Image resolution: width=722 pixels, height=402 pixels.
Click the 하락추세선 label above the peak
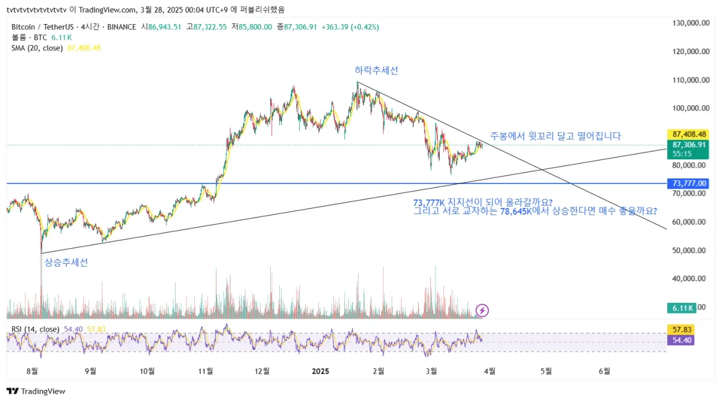[376, 70]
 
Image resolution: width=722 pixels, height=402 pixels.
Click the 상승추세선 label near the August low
[66, 263]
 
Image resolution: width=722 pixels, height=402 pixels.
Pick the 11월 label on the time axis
[206, 371]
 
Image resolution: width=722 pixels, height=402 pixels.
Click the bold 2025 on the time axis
[319, 371]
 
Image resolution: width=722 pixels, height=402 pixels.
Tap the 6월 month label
[604, 371]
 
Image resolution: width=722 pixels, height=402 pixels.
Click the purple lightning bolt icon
[482, 310]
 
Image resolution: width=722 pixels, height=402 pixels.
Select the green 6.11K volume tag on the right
[681, 308]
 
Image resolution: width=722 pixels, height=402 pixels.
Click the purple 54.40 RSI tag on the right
[682, 340]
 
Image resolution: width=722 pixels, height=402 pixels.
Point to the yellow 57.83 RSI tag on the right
[682, 330]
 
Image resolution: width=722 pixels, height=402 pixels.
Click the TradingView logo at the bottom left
[36, 391]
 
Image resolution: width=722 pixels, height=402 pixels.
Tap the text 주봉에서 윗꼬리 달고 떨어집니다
[555, 136]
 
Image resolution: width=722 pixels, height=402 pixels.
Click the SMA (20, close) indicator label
[37, 47]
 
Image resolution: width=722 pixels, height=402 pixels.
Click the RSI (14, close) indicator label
[35, 329]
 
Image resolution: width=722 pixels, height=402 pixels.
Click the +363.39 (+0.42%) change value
[350, 27]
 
